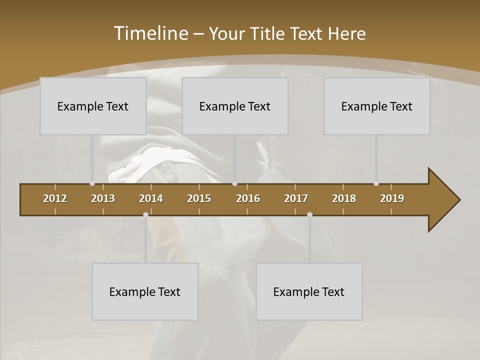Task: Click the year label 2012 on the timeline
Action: coord(55,198)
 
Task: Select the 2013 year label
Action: coord(103,198)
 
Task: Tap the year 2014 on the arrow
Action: coord(151,198)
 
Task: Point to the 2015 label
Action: coord(199,198)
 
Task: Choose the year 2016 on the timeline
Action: coord(248,198)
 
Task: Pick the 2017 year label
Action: coord(296,198)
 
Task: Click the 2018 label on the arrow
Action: coord(344,198)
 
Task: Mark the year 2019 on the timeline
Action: coord(392,198)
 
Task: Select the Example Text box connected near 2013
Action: coord(93,106)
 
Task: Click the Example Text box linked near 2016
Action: coord(235,106)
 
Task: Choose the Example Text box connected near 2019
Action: coord(377,106)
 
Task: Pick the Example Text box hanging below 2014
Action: coord(145,291)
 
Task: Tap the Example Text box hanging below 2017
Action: coord(309,291)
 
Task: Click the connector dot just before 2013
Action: coord(92,183)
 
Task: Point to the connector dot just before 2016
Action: coord(235,183)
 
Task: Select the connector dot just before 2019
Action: coord(376,183)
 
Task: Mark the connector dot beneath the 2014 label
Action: coord(145,214)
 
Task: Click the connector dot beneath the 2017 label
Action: coord(309,214)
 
